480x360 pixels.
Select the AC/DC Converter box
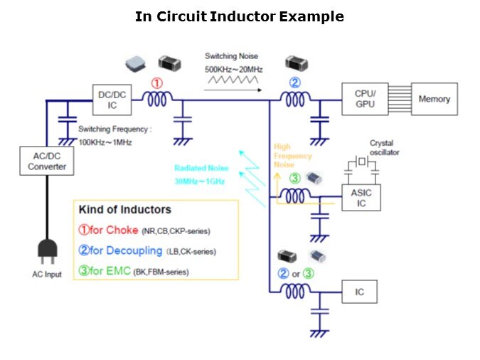47,162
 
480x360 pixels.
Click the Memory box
434,100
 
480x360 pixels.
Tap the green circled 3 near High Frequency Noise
294,177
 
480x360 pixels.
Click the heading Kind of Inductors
125,211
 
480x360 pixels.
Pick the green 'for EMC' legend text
107,271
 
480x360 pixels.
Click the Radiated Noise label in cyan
202,168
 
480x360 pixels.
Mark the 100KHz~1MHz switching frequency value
106,142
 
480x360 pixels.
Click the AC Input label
47,275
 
